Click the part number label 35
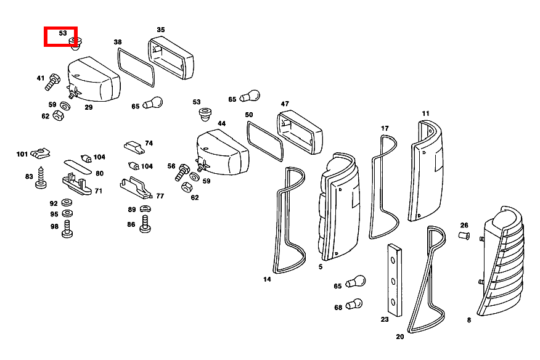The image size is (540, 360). [161, 30]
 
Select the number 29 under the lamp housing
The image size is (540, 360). [89, 107]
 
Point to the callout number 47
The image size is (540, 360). [285, 104]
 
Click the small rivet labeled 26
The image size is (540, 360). [465, 235]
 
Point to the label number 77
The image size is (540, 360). [160, 196]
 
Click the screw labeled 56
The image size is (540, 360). [182, 174]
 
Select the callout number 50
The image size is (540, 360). [249, 115]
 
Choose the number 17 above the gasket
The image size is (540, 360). [385, 128]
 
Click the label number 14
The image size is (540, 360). [267, 279]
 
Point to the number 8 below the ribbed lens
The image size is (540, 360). [468, 320]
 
